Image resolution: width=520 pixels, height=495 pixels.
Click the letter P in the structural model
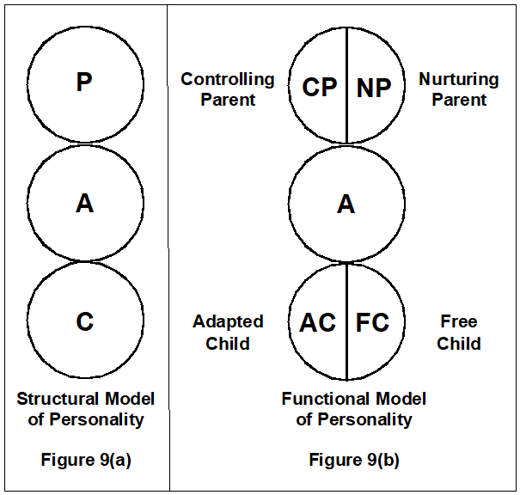click(x=84, y=82)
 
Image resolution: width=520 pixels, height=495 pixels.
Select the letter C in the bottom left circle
click(x=84, y=321)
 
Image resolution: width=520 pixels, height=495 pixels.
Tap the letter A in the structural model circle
click(x=84, y=204)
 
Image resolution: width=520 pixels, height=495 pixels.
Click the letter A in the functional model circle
click(x=346, y=204)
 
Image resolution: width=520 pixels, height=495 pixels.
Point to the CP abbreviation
click(x=319, y=87)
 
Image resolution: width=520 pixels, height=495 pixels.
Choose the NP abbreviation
click(x=373, y=87)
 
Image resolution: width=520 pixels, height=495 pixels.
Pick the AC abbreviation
click(x=317, y=322)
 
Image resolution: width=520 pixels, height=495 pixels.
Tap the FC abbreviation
click(x=372, y=322)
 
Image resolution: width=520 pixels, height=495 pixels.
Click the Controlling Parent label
click(x=228, y=89)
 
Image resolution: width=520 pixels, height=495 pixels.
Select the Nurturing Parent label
click(x=458, y=89)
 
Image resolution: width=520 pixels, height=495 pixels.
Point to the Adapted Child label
click(x=228, y=333)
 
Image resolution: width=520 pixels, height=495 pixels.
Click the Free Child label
click(x=458, y=333)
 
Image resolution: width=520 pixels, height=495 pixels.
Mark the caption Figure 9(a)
click(x=86, y=460)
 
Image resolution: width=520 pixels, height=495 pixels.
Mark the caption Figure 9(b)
click(x=354, y=460)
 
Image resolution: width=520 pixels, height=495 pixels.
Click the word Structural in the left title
click(x=57, y=399)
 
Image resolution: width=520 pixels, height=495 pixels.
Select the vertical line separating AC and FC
click(x=346, y=361)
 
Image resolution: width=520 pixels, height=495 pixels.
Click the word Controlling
click(x=228, y=80)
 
